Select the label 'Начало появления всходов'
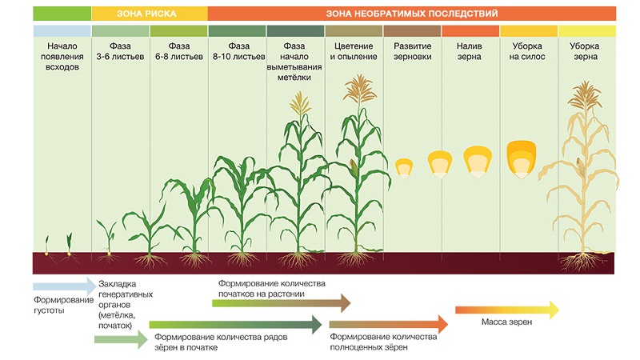62,57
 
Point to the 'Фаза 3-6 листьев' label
121,51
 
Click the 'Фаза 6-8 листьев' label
178,51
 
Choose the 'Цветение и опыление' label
354,51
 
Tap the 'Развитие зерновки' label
412,51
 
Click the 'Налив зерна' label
470,51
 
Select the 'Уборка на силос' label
529,51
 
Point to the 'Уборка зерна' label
586,51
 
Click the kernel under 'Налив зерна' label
477,161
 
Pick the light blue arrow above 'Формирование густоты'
63,285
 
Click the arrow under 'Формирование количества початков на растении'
281,302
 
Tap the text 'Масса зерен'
507,323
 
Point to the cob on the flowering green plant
354,168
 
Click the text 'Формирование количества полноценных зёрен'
383,342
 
